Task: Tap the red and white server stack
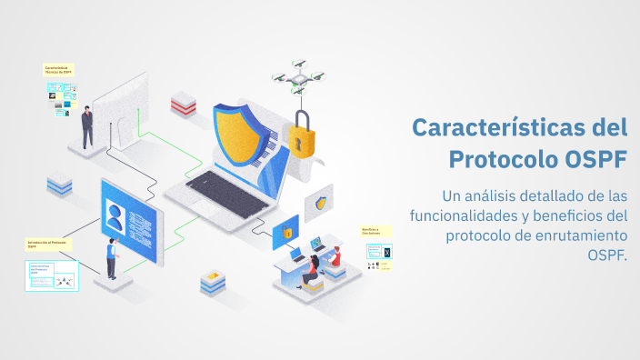pyautogui.click(x=184, y=102)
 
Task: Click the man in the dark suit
pyautogui.click(x=87, y=126)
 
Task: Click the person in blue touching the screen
pyautogui.click(x=111, y=257)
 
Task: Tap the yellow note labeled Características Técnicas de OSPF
pyautogui.click(x=58, y=69)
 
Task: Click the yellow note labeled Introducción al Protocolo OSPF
pyautogui.click(x=48, y=244)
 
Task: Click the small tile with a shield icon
pyautogui.click(x=320, y=204)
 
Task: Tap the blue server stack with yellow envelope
pyautogui.click(x=212, y=281)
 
